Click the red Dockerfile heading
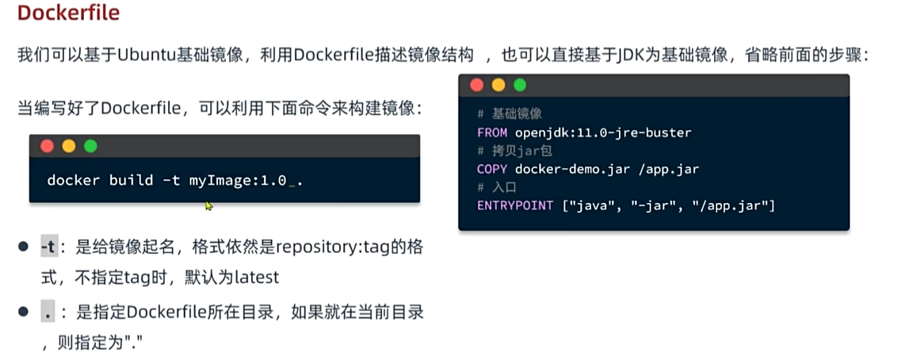click(x=69, y=13)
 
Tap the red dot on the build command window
click(x=47, y=146)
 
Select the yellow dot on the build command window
click(x=69, y=146)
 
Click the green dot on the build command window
click(x=90, y=146)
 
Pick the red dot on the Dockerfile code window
click(x=476, y=86)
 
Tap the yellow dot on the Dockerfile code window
click(x=499, y=86)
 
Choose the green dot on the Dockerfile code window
click(x=519, y=86)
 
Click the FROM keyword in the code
click(x=492, y=133)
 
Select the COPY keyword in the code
click(x=492, y=169)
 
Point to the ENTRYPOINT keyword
click(x=515, y=205)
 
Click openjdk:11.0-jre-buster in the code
click(x=603, y=133)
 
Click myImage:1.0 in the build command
click(x=238, y=181)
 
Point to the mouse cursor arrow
click(x=208, y=205)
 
